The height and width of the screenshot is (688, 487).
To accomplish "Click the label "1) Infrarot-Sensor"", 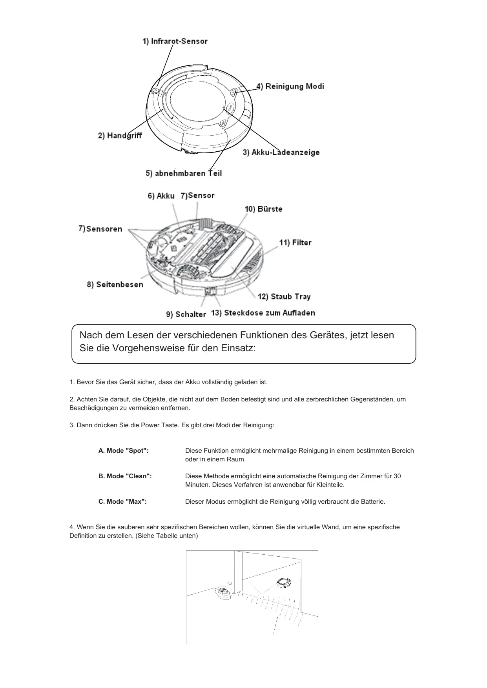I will pyautogui.click(x=175, y=41).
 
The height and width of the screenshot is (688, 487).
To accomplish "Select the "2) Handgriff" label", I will pyautogui.click(x=120, y=136).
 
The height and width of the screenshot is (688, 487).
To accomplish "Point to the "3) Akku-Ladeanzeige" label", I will pyautogui.click(x=281, y=152).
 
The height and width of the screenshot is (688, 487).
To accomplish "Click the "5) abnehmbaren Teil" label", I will pyautogui.click(x=184, y=173).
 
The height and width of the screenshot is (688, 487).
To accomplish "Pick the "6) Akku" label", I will pyautogui.click(x=161, y=196).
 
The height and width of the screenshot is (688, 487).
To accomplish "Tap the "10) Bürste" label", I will pyautogui.click(x=263, y=209).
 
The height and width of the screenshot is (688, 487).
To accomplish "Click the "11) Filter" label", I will pyautogui.click(x=295, y=243).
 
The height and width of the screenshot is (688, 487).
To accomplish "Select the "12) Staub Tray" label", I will pyautogui.click(x=284, y=296).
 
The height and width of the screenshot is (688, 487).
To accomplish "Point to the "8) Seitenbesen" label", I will pyautogui.click(x=115, y=285).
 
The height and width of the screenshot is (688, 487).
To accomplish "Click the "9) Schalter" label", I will pyautogui.click(x=186, y=314).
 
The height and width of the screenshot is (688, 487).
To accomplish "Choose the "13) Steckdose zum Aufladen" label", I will pyautogui.click(x=263, y=313).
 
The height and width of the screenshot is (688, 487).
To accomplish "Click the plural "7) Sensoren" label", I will pyautogui.click(x=100, y=229).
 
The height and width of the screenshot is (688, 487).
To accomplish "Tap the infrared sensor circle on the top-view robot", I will pyautogui.click(x=155, y=91).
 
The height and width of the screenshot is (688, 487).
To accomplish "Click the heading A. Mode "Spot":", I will pyautogui.click(x=123, y=451).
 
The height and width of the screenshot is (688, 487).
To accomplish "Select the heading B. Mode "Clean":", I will pyautogui.click(x=125, y=476).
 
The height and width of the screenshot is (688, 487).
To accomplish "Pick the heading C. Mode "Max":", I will pyautogui.click(x=122, y=502).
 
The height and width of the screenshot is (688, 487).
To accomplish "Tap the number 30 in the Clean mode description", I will pyautogui.click(x=397, y=476).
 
